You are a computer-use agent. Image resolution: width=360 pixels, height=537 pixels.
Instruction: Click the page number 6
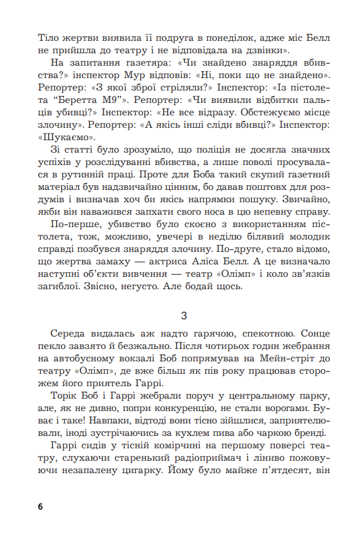40,507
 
